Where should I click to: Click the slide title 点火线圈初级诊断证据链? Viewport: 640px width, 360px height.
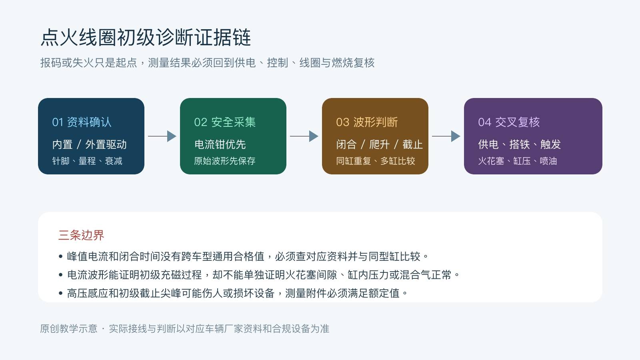tap(146, 38)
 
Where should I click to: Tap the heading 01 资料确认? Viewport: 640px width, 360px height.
tap(82, 122)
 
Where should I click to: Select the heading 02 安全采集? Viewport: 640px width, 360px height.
tap(225, 122)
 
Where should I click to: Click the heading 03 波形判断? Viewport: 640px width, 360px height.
tap(367, 122)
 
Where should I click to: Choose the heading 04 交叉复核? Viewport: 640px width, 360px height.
tap(509, 122)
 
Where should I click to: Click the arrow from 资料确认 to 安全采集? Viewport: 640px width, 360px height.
tap(162, 136)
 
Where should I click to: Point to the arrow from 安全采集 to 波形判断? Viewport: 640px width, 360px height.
tap(304, 136)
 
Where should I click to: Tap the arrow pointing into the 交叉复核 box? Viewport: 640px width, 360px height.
tap(446, 136)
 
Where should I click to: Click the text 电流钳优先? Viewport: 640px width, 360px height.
tap(220, 144)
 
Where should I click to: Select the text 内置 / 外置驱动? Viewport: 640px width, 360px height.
tap(90, 144)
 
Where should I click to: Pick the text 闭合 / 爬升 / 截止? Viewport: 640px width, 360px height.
tap(380, 144)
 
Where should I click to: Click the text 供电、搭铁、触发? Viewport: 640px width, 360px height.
tap(520, 144)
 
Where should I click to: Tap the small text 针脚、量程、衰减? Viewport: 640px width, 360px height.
tap(87, 161)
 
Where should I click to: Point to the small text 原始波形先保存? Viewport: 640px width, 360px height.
tap(225, 161)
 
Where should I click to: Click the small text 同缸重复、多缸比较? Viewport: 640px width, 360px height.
tap(376, 161)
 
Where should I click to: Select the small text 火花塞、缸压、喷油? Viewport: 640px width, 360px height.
tap(518, 161)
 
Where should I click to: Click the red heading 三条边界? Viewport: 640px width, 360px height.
tap(81, 235)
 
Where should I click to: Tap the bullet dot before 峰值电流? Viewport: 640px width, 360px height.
tap(60, 256)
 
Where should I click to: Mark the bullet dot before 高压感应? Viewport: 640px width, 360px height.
tap(60, 293)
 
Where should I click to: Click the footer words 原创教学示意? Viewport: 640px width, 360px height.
tap(68, 328)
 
